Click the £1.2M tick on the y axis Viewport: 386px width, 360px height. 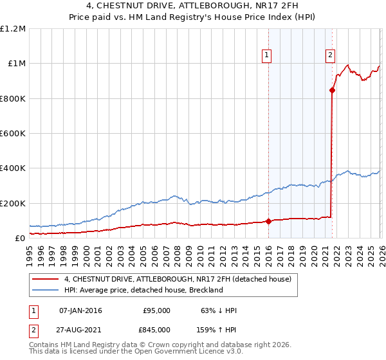point(13,29)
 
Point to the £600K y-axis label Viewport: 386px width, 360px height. point(13,134)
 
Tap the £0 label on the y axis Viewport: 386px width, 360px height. point(19,239)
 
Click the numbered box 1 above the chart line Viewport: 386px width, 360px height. point(266,56)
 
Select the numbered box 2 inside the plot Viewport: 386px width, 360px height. point(330,55)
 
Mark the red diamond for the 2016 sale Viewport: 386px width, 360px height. point(268,222)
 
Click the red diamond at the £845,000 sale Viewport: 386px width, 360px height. point(333,91)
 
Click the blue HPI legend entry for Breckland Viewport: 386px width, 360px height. point(143,291)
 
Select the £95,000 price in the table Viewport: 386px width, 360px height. point(156,310)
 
